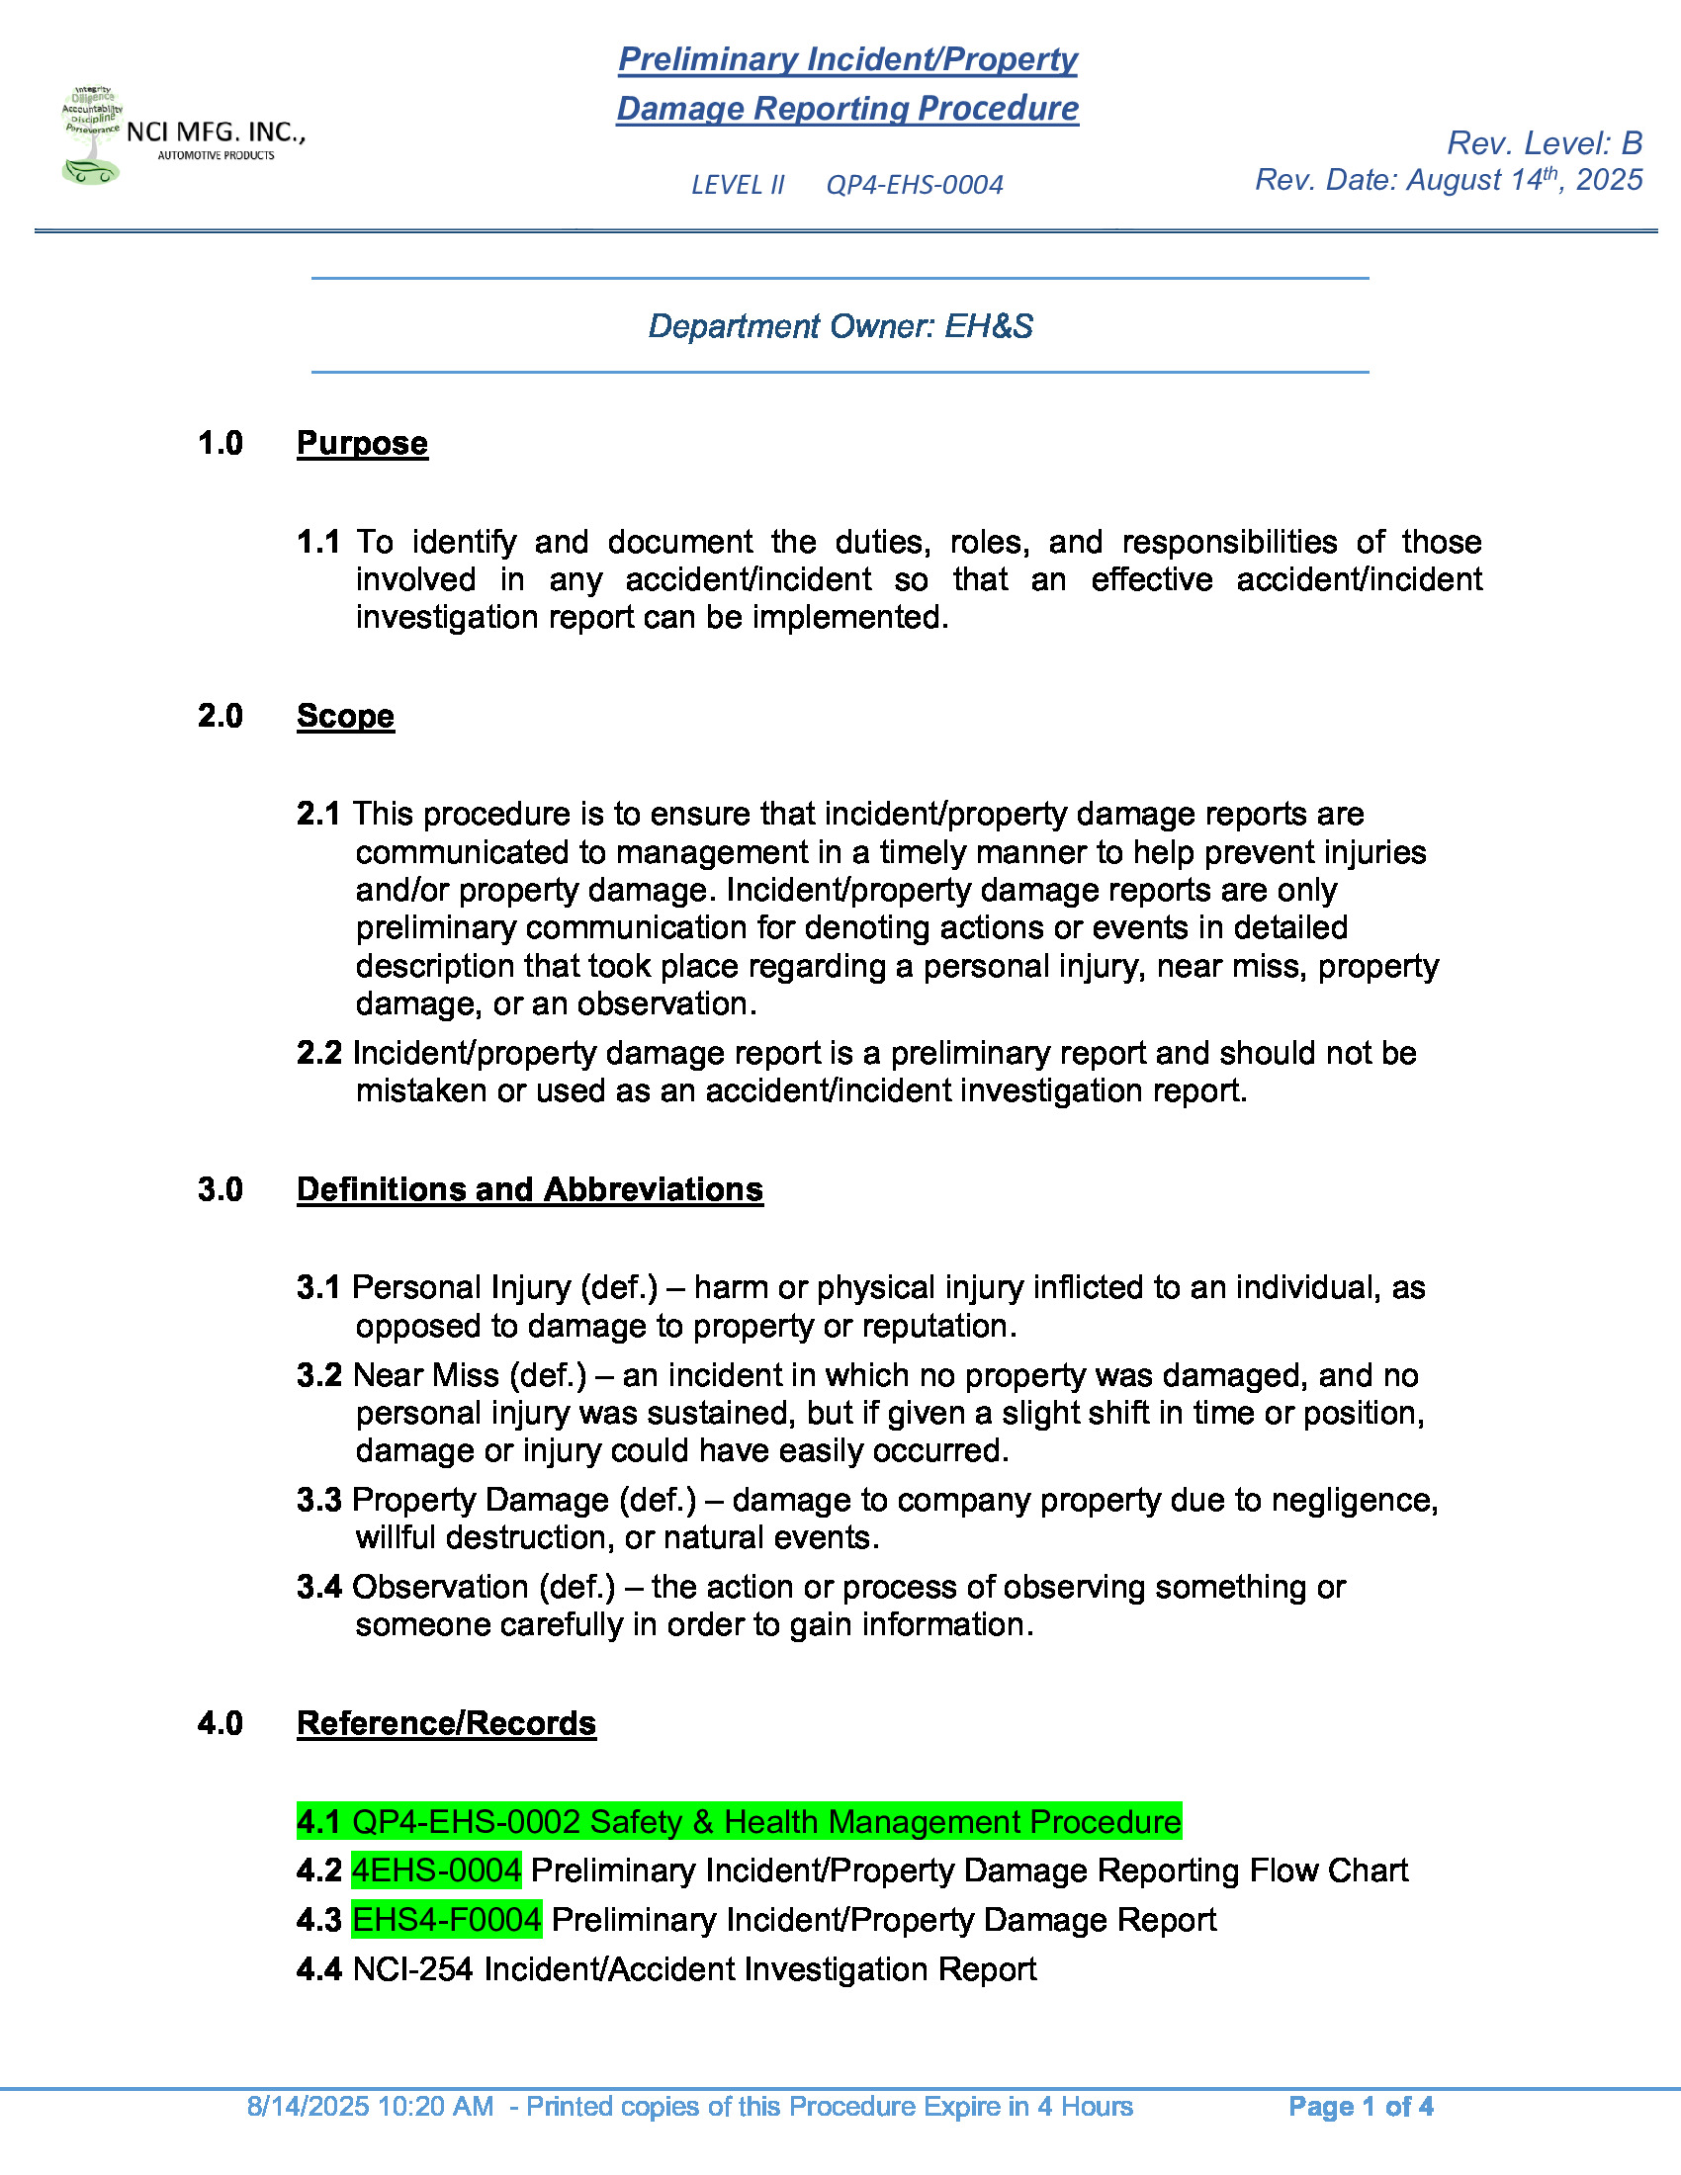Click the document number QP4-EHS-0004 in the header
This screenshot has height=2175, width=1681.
pos(915,185)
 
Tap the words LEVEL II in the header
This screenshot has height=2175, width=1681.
pos(738,185)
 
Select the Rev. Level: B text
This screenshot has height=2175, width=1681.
pos(1544,143)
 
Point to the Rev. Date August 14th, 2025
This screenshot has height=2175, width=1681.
pos(1448,180)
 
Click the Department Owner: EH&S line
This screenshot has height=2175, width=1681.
pos(840,326)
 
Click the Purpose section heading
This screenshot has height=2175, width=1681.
pos(363,443)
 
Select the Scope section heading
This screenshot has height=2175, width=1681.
pos(345,716)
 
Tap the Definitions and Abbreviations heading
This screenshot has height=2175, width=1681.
pos(530,1189)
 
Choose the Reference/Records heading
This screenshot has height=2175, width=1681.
pos(446,1723)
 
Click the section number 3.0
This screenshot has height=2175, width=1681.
pos(221,1189)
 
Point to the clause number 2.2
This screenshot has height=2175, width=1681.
pos(318,1053)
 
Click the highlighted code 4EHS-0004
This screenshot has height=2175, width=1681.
pos(436,1870)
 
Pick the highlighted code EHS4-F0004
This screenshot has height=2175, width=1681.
pos(446,1919)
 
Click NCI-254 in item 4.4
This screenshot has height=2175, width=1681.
pos(412,1968)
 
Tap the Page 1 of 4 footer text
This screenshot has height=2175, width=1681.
pos(1361,2106)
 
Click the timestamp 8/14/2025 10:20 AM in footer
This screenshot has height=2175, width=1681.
pos(370,2106)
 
